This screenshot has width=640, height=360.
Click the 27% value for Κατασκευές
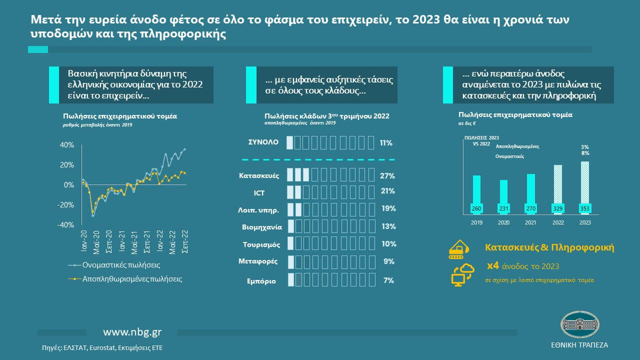click(x=387, y=176)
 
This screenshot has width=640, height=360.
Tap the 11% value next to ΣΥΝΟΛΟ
click(x=385, y=143)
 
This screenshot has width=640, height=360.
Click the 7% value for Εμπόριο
click(x=388, y=280)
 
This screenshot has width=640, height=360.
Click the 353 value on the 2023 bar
click(x=584, y=208)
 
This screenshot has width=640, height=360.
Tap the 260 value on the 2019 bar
click(x=476, y=208)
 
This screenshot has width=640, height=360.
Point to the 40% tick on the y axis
click(x=66, y=145)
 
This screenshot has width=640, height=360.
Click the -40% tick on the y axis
click(x=65, y=225)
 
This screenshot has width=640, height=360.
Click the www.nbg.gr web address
click(x=132, y=332)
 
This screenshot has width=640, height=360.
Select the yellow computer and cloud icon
click(x=461, y=274)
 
